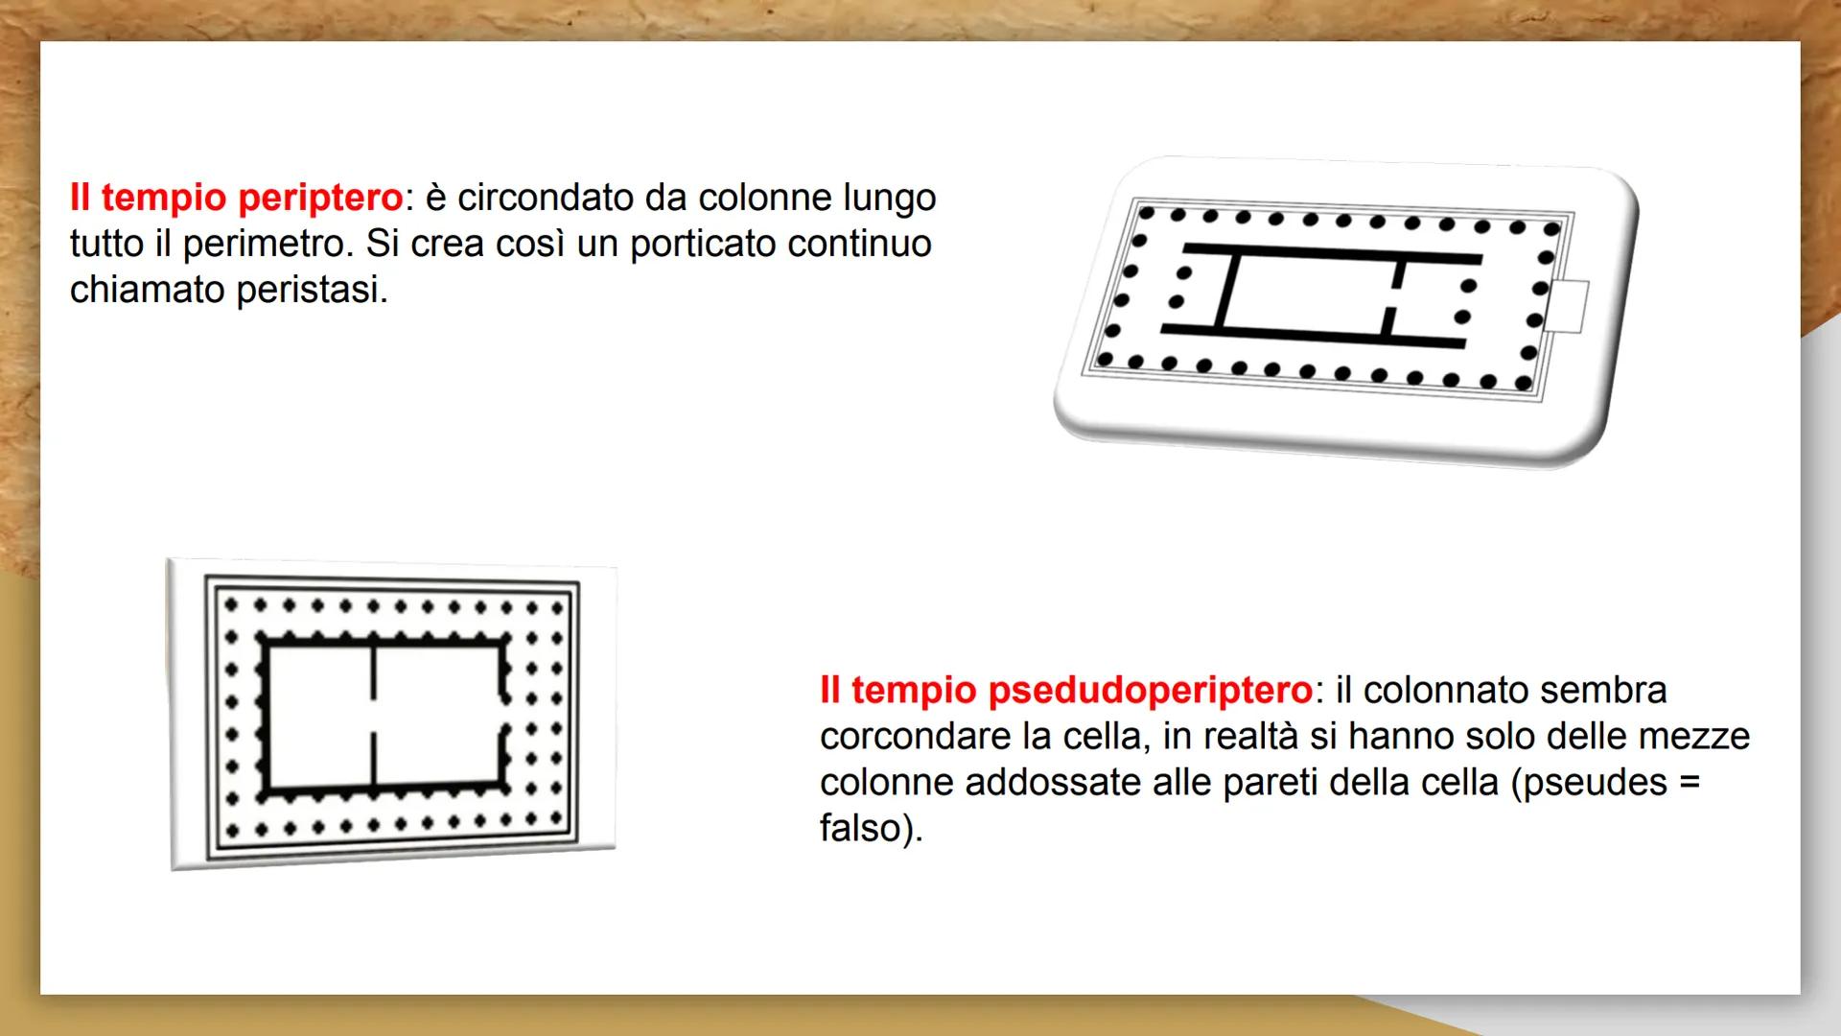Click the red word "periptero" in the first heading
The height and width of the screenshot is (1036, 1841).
point(320,199)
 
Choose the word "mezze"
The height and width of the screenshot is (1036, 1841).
point(1693,737)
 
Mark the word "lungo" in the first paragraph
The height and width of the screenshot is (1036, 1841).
point(889,199)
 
